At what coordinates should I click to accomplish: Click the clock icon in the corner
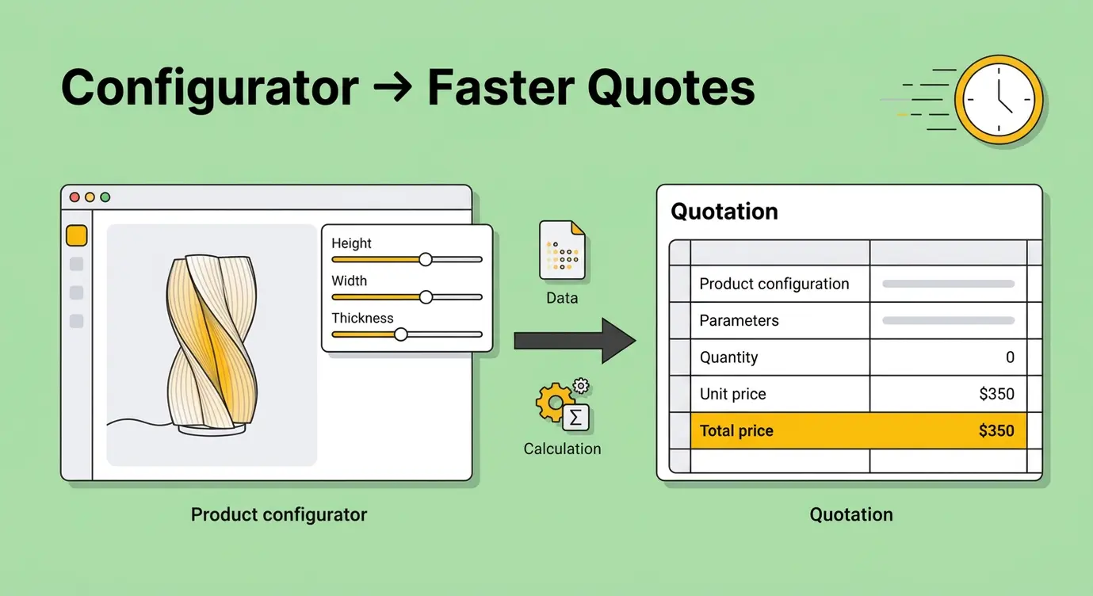coord(998,100)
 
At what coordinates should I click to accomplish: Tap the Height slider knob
coord(426,259)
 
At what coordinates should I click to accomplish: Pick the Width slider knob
coord(426,296)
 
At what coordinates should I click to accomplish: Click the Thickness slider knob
coord(401,334)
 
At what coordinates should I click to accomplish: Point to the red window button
coord(75,197)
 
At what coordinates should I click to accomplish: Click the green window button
coord(105,197)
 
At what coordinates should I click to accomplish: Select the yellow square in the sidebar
coord(76,235)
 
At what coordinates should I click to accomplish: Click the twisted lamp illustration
coord(208,341)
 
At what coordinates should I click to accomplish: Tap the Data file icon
coord(561,250)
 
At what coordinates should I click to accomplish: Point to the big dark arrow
coord(574,341)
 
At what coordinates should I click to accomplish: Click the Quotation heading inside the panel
coord(724,212)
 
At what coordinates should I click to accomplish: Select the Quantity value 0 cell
coord(1010,357)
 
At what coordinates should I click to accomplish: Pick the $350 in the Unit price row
coord(996,394)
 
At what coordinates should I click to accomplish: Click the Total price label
coord(736,431)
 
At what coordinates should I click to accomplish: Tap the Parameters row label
coord(739,321)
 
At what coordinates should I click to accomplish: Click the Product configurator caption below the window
coord(279,514)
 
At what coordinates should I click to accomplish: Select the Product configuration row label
coord(774,284)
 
